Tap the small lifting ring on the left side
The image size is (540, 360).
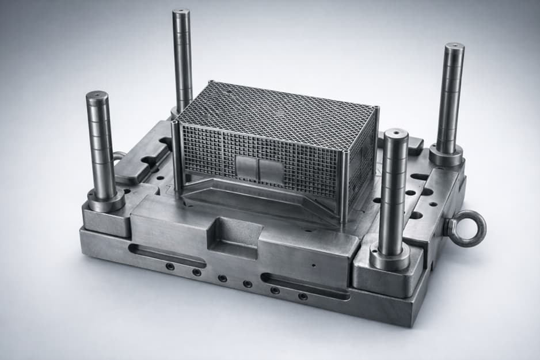tap(119, 156)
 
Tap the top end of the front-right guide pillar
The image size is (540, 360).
tap(397, 135)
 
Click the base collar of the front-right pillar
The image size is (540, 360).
tap(390, 256)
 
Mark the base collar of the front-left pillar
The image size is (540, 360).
tap(106, 200)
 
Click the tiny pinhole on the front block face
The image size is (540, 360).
tap(313, 266)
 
